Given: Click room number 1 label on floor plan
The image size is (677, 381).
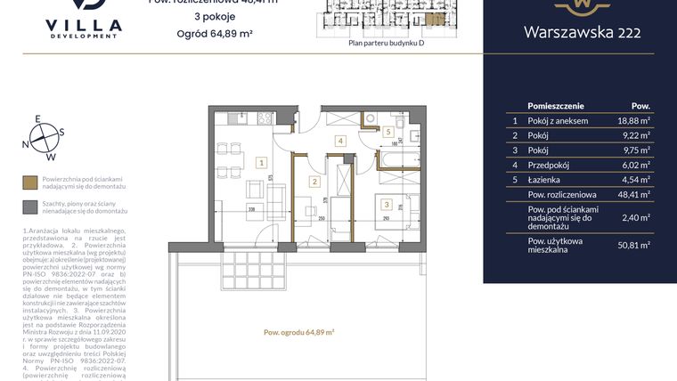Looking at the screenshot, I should tap(260, 163).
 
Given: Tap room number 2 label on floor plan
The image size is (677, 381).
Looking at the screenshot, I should tap(314, 182).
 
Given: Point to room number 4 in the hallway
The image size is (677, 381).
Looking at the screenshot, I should tap(339, 141).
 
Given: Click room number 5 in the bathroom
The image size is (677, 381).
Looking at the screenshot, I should tap(387, 132).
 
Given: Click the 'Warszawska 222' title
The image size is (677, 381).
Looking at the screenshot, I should tap(580, 34).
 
